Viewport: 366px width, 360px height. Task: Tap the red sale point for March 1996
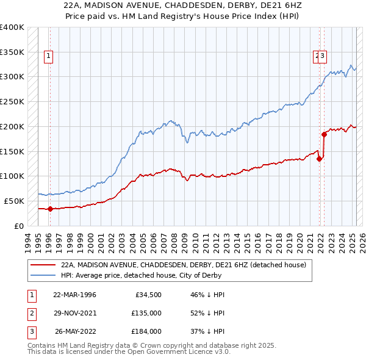pyautogui.click(x=50, y=209)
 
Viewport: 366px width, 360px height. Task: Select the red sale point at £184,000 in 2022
pyautogui.click(x=324, y=134)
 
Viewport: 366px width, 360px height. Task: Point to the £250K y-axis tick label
pyautogui.click(x=12, y=101)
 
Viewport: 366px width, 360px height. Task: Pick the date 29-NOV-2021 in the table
pyautogui.click(x=75, y=313)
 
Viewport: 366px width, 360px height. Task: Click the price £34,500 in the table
pyautogui.click(x=147, y=295)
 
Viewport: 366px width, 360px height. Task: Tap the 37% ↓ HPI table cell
pyautogui.click(x=208, y=331)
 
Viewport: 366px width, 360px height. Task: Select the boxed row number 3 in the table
pyautogui.click(x=30, y=331)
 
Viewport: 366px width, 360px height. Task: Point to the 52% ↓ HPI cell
pyautogui.click(x=208, y=313)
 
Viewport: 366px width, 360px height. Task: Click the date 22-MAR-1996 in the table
pyautogui.click(x=75, y=295)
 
